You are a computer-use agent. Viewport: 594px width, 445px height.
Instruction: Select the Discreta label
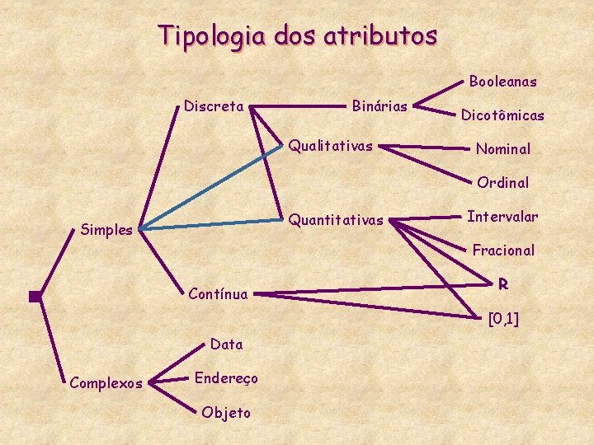point(214,106)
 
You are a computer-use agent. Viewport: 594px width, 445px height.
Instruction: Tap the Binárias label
point(379,106)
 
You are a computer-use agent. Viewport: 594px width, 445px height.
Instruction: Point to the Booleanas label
point(502,82)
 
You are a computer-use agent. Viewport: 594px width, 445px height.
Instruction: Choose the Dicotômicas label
point(502,116)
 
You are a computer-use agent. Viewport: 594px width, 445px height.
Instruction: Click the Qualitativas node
point(330,147)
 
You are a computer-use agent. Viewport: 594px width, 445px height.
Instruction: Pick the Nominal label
point(502,149)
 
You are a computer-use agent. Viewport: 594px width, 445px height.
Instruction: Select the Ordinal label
point(502,183)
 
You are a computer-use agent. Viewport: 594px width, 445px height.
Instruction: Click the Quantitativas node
point(336,220)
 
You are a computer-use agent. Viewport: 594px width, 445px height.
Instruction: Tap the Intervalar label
point(502,217)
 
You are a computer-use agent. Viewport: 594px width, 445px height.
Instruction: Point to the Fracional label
point(502,250)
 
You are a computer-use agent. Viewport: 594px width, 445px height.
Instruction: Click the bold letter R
point(502,284)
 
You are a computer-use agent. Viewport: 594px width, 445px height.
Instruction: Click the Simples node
point(107,230)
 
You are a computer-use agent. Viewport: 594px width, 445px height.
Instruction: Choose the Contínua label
point(218,293)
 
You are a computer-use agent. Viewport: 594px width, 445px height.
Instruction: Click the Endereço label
point(226,378)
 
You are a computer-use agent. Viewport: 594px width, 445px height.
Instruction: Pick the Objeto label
point(226,413)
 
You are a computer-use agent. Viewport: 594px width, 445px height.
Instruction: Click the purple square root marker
point(35,297)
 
